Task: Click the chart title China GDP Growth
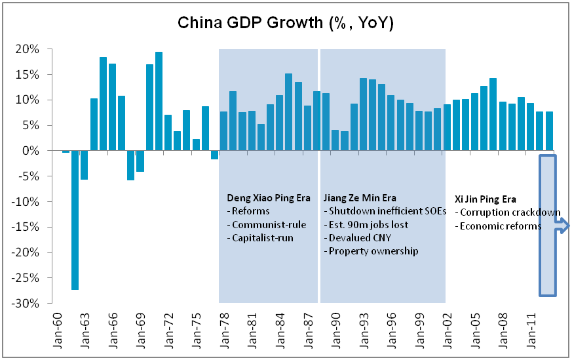pos(286,24)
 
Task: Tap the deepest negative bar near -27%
pos(75,220)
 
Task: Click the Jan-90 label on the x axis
pos(332,327)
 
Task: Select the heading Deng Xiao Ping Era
pos(265,197)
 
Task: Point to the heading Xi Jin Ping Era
pos(486,199)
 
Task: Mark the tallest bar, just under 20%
pos(159,102)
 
